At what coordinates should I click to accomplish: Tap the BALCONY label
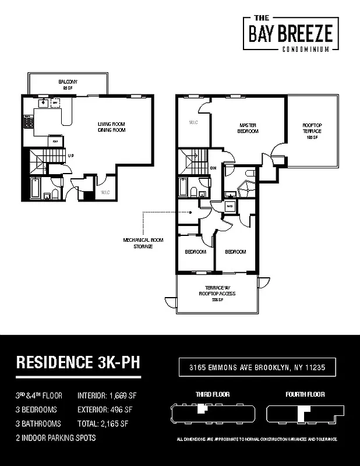[68, 84]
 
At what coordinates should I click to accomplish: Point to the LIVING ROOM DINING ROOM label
[111, 127]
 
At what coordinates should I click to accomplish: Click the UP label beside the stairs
[70, 156]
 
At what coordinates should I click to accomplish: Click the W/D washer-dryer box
[230, 206]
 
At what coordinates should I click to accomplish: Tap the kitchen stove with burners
[27, 122]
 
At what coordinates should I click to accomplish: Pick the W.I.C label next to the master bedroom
[193, 123]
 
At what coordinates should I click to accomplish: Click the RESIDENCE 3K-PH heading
[77, 362]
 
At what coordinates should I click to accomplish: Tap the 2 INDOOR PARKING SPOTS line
[55, 437]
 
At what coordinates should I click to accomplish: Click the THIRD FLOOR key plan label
[212, 394]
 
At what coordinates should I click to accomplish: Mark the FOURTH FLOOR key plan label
[305, 394]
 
